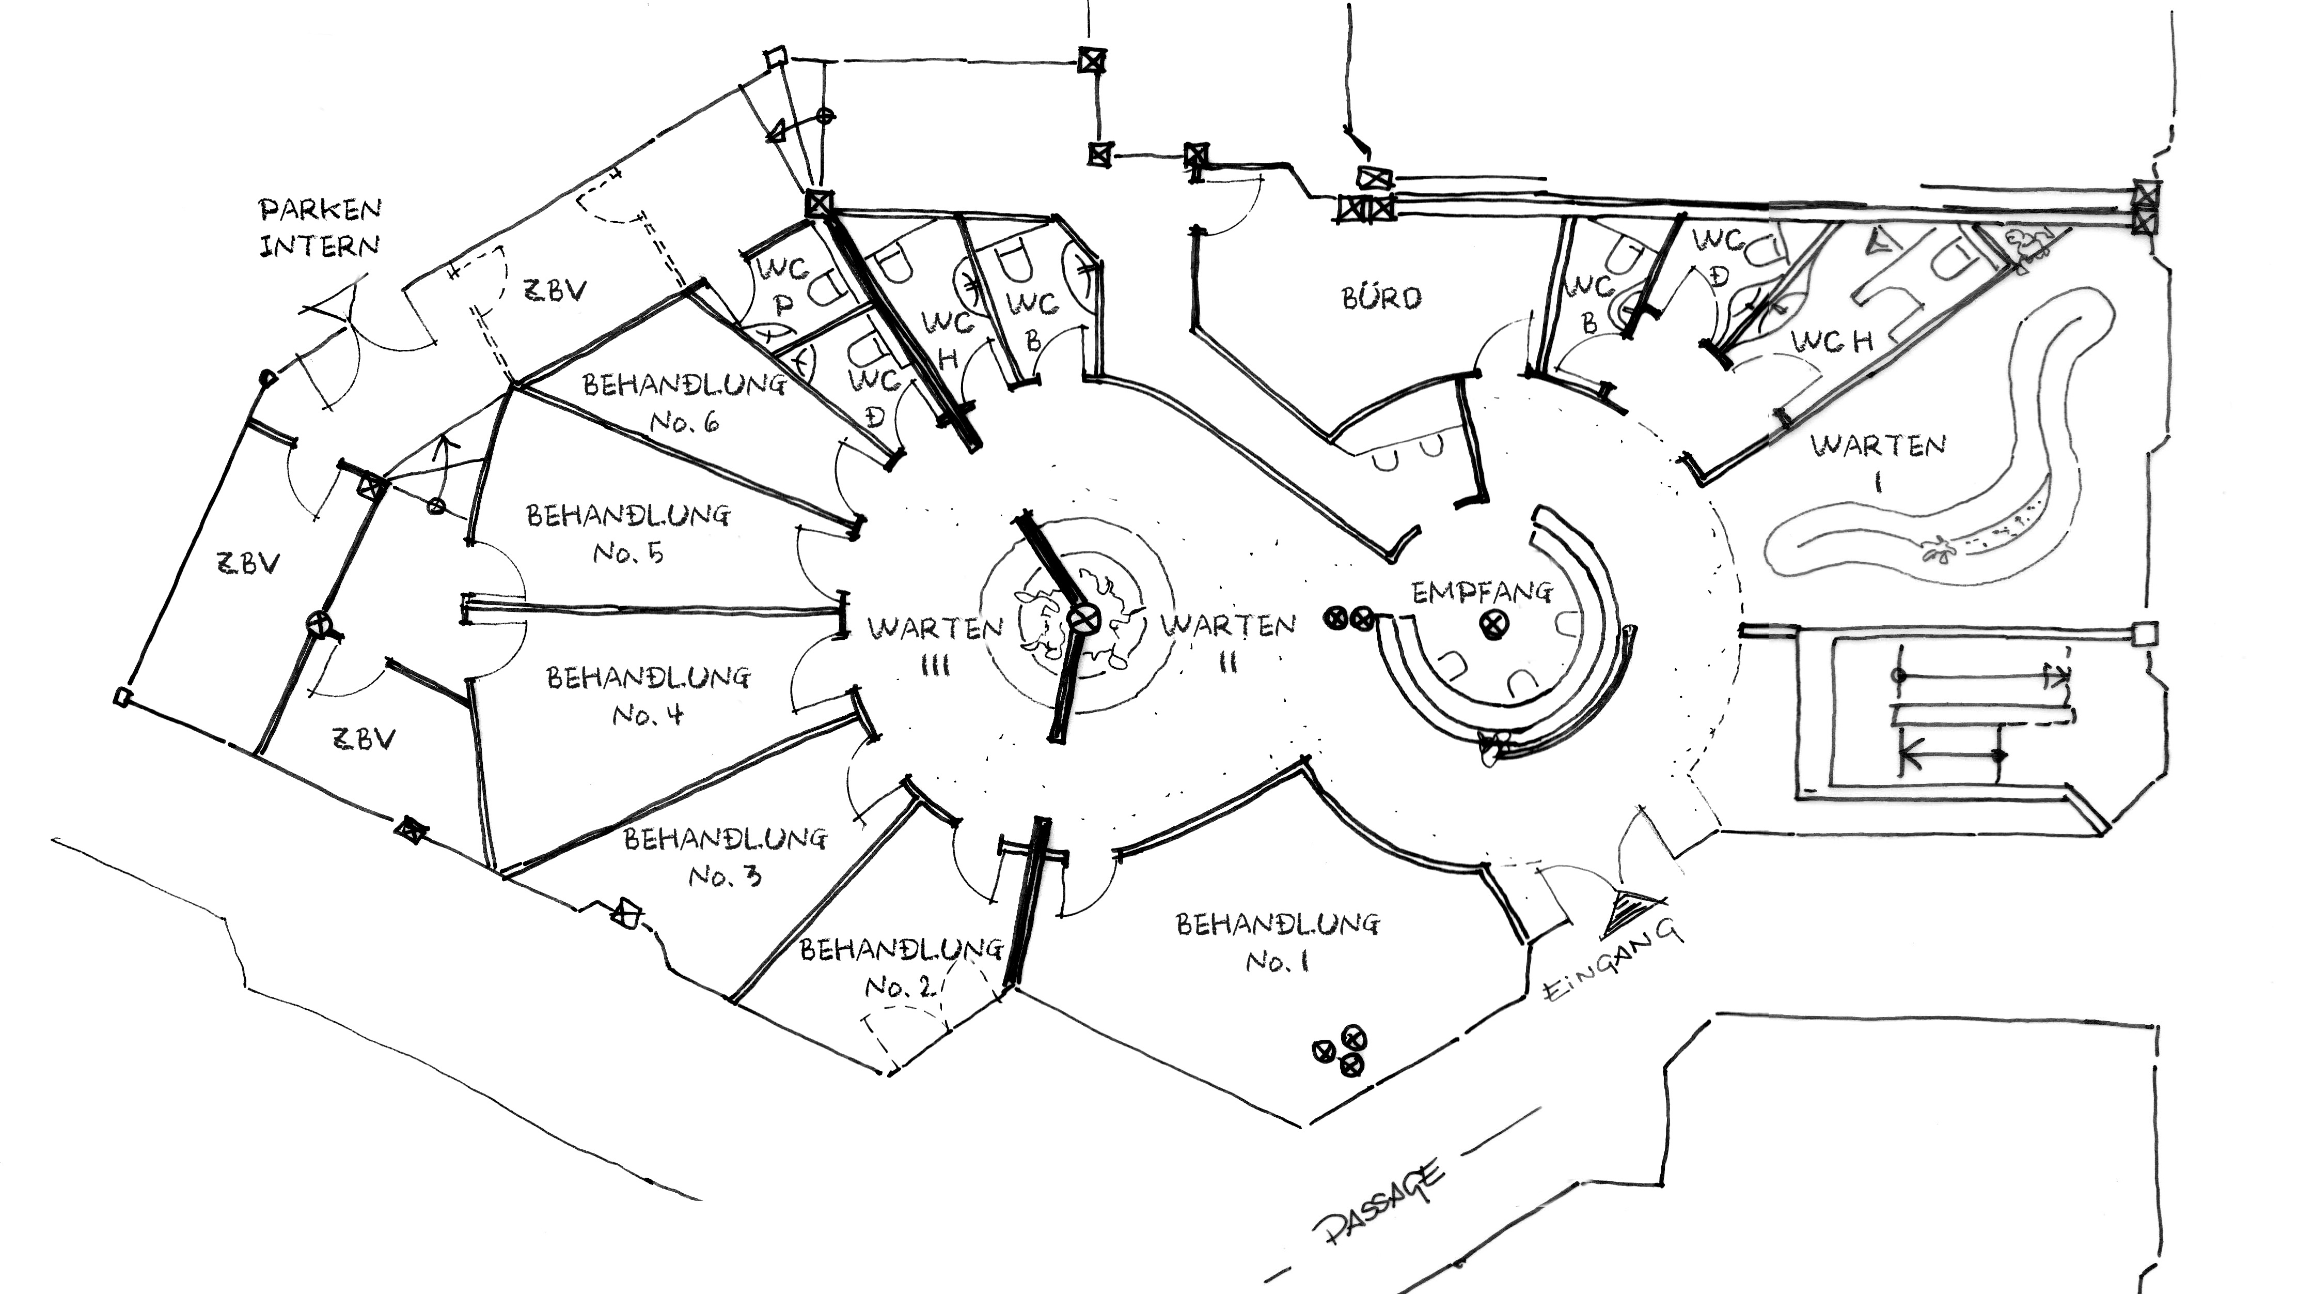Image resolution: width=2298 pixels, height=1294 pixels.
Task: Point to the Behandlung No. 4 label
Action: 649,696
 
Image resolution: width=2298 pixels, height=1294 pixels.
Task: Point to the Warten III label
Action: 935,646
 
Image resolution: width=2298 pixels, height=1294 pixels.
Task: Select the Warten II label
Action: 1229,642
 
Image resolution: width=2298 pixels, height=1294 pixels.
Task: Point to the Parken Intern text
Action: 319,227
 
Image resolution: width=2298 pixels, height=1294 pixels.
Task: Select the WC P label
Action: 783,286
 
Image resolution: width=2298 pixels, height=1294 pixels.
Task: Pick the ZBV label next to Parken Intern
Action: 554,290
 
